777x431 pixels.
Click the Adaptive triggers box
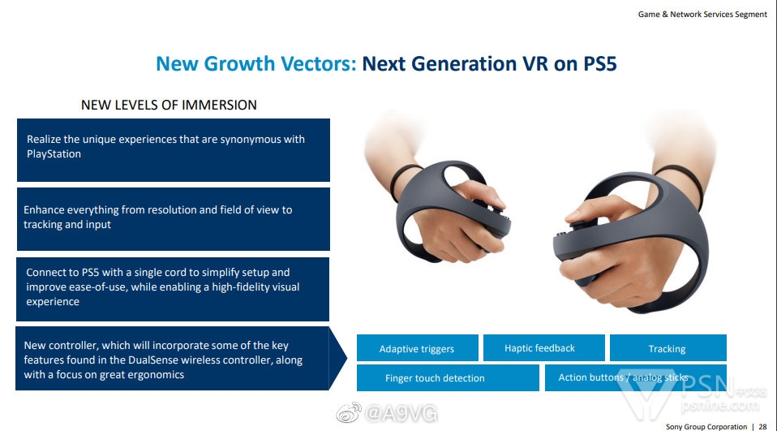[417, 347]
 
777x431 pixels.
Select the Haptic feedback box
[543, 347]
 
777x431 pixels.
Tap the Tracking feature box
[668, 347]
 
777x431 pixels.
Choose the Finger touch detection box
[448, 378]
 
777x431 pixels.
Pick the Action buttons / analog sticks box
[636, 378]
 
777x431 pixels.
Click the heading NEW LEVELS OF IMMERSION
[169, 106]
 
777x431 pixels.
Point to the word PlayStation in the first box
[54, 153]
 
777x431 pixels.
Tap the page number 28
[762, 427]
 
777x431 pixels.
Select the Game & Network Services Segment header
[702, 15]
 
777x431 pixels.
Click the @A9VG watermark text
[401, 412]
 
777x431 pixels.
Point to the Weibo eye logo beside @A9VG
[349, 412]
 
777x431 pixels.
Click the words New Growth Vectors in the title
[255, 63]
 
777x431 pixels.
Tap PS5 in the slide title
[599, 63]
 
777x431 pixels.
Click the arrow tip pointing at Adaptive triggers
[346, 358]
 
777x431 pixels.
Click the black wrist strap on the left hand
[401, 182]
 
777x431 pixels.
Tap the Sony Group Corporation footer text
[706, 427]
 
